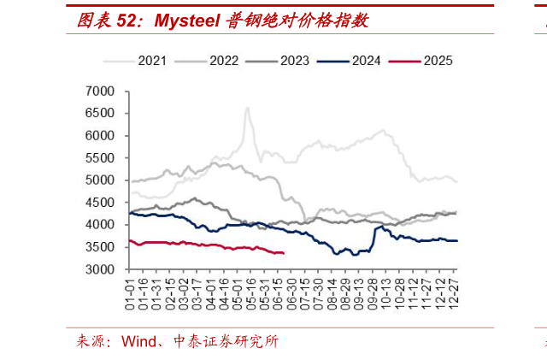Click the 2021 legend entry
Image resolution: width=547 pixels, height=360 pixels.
pyautogui.click(x=151, y=61)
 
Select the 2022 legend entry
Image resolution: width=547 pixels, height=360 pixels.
pyautogui.click(x=223, y=61)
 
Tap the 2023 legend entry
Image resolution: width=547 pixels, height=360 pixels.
pyautogui.click(x=294, y=61)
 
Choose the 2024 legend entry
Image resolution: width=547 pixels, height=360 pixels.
pyautogui.click(x=365, y=61)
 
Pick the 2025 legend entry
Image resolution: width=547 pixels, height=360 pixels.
pyautogui.click(x=437, y=61)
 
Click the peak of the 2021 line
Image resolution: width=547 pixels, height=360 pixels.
pyautogui.click(x=247, y=108)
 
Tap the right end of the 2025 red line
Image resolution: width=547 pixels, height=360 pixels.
pyautogui.click(x=283, y=253)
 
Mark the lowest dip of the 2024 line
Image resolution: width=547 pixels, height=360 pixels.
pyautogui.click(x=336, y=254)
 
